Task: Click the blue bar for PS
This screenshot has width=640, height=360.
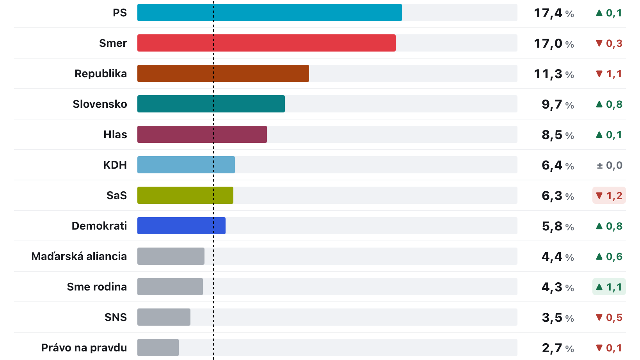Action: click(269, 12)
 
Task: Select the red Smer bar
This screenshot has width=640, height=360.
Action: click(266, 43)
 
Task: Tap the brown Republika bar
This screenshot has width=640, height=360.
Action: click(223, 73)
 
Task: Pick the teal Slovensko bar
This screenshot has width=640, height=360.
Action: click(211, 104)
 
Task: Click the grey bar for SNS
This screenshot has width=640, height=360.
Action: click(164, 317)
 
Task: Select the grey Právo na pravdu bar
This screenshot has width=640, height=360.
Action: click(158, 348)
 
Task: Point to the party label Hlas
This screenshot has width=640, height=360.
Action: click(115, 134)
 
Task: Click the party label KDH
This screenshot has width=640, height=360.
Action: click(115, 165)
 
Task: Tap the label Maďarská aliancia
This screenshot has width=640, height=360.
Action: click(79, 256)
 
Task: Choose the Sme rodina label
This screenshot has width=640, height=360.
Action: click(97, 287)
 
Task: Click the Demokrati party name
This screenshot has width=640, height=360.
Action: click(99, 226)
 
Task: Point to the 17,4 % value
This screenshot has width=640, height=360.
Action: click(554, 13)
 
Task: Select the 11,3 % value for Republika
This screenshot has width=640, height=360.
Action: click(554, 74)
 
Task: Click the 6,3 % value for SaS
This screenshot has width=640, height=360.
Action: click(558, 196)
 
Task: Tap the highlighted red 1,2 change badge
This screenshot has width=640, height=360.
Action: click(609, 196)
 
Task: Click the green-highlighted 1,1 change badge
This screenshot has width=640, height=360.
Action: click(609, 287)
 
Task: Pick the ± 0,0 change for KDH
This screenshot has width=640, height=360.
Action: click(610, 165)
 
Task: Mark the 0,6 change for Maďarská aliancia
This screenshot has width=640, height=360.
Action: click(609, 257)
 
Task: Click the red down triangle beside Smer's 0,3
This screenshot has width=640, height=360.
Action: click(599, 43)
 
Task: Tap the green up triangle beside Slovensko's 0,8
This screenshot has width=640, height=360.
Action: click(599, 104)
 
